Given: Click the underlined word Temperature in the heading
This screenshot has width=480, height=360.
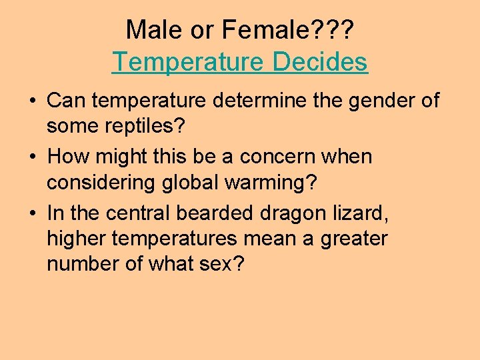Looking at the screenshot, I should [188, 62].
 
